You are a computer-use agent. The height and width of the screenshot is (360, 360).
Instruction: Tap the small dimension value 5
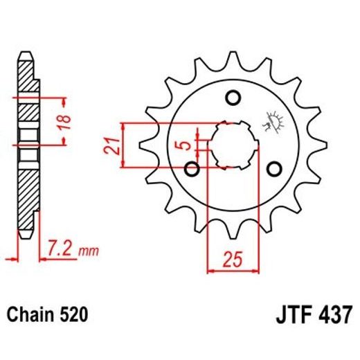182,146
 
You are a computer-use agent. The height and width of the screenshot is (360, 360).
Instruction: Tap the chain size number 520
74,315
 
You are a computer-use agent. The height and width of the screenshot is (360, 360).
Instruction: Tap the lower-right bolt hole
275,168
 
